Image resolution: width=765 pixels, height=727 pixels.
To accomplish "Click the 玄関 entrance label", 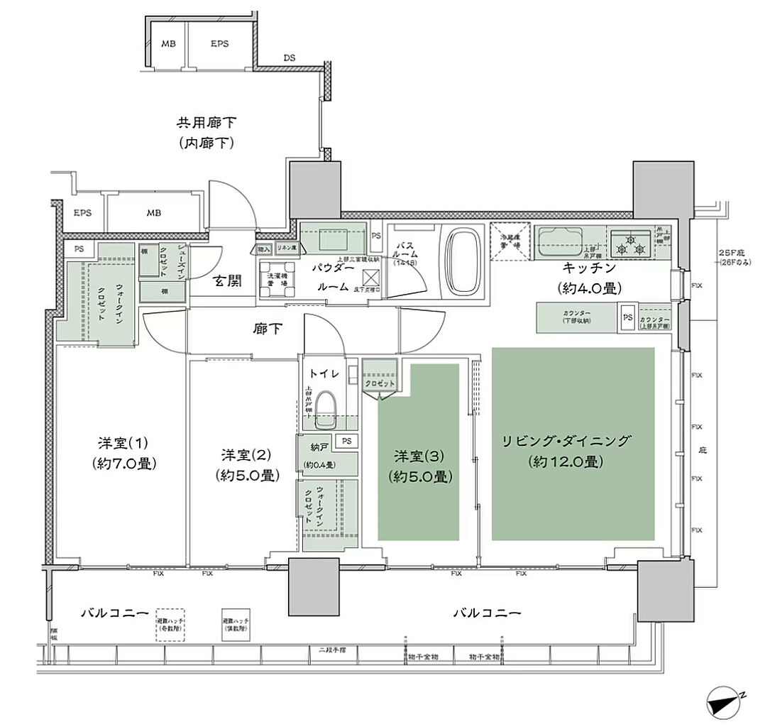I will pos(226,281).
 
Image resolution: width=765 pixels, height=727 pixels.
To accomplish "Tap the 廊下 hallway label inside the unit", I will pos(267,329).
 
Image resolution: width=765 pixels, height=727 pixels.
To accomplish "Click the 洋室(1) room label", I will pos(123,444).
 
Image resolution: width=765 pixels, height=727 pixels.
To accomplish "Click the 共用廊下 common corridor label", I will pos(207,123).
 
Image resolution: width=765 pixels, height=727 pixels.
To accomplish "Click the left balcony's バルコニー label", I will pos(114,611).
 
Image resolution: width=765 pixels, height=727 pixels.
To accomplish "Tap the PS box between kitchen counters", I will pos(628,317).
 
